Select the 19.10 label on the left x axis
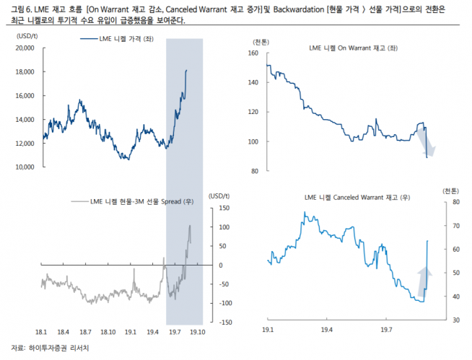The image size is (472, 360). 197,332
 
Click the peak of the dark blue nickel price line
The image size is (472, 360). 186,70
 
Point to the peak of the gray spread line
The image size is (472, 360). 191,226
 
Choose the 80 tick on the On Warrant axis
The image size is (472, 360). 253,171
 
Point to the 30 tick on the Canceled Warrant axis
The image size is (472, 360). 446,320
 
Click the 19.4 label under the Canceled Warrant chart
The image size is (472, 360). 329,329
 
